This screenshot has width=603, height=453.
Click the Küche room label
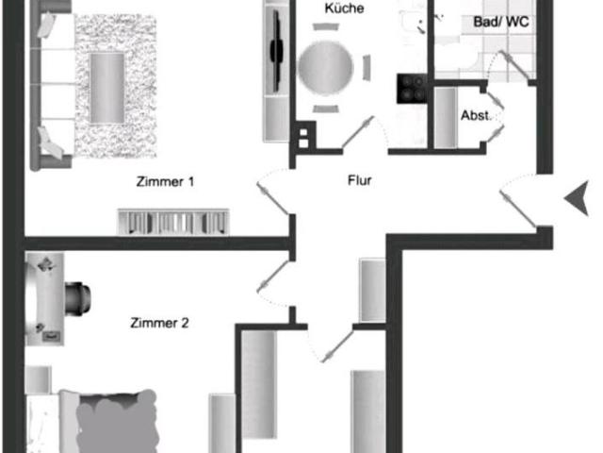coord(344,8)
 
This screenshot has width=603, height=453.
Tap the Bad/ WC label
coord(501,22)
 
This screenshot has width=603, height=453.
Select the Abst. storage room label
coord(475,115)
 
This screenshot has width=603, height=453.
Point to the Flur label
coord(360,180)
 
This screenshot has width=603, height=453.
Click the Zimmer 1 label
coord(166,181)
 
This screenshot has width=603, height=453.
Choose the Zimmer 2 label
coord(159,323)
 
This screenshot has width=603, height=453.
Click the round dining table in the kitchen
coord(326,67)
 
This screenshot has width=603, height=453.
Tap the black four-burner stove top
coord(412,89)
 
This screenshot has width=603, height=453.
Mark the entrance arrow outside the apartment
coord(577,198)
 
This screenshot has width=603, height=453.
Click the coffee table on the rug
coord(107,88)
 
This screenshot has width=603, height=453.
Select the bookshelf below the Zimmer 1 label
coord(173,222)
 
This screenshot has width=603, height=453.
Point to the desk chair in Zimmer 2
coord(78,298)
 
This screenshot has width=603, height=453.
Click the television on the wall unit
coord(276,50)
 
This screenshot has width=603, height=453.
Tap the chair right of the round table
coord(367,68)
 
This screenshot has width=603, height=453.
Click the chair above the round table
coord(326,27)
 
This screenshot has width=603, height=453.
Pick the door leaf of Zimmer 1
coord(273,199)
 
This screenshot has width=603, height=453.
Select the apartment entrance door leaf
coord(518,208)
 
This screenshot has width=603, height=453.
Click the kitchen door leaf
coord(357,132)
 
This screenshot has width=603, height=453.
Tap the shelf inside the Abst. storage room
coord(446,118)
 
